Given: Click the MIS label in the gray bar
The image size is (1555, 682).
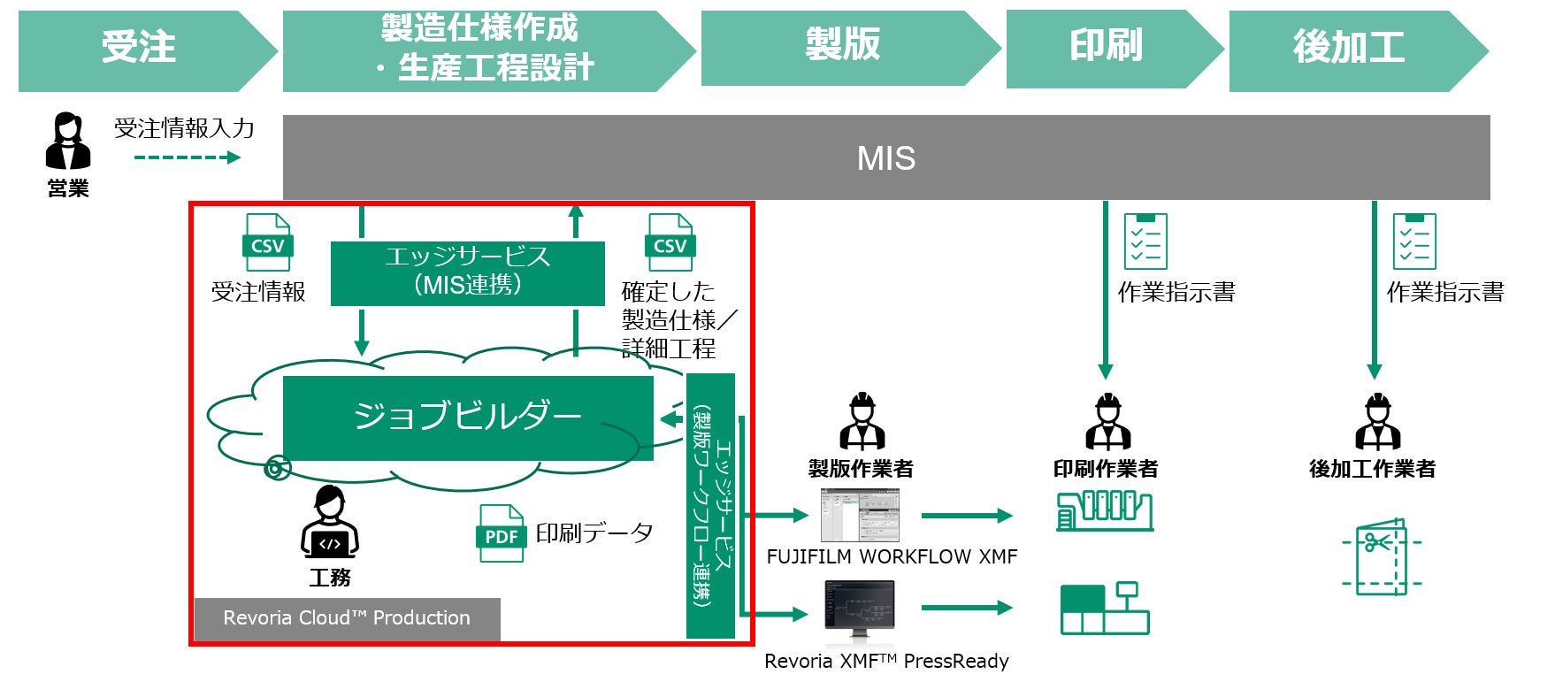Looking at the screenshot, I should (x=886, y=158).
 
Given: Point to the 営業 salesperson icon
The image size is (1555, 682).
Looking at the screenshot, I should (x=67, y=142).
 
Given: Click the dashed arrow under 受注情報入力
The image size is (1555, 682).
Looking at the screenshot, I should (x=187, y=158).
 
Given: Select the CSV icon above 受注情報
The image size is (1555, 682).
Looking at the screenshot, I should (x=267, y=242).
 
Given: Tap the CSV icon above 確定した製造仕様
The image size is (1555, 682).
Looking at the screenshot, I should (x=670, y=242).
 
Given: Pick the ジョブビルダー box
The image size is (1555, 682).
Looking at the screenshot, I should (x=467, y=417).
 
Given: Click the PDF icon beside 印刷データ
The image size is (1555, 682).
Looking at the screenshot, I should (x=501, y=533).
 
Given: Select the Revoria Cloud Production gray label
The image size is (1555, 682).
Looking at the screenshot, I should (x=347, y=618).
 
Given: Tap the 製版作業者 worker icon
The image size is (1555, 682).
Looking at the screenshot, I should (x=862, y=422).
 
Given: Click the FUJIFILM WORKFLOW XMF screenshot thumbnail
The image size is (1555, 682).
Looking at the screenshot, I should (x=859, y=515).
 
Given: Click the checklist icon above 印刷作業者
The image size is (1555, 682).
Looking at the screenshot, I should (x=1145, y=241).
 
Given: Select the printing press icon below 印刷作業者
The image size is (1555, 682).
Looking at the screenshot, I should (x=1105, y=510).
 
